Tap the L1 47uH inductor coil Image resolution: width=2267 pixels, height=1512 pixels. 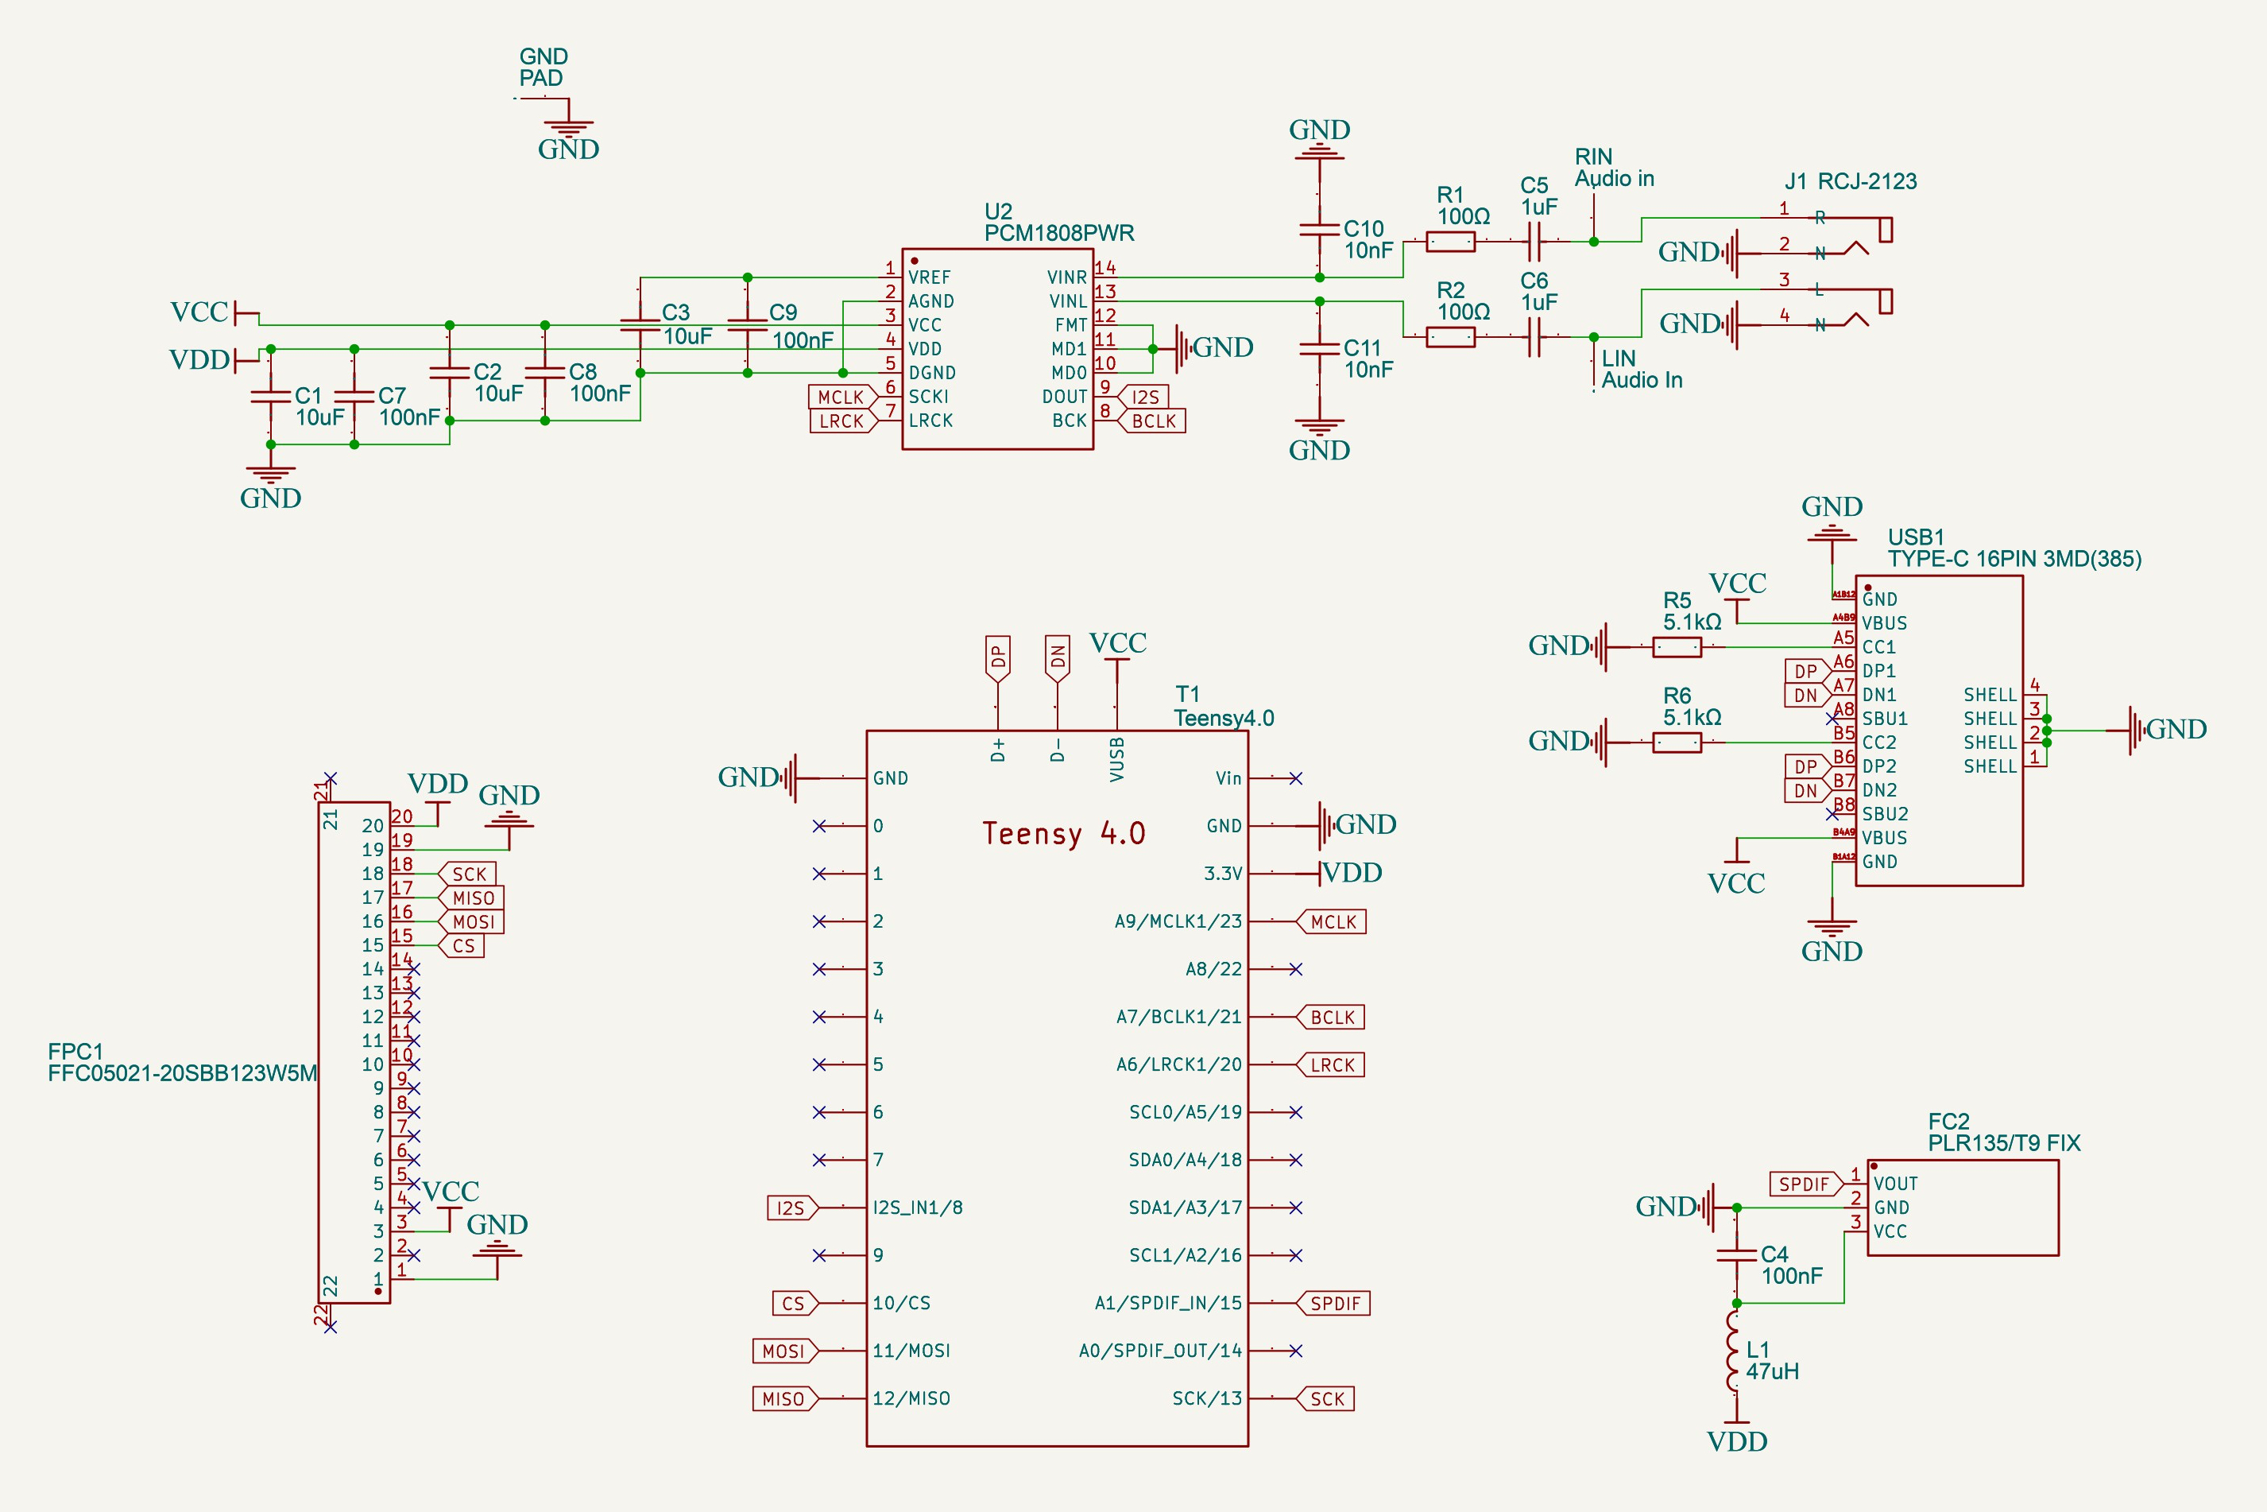(x=1735, y=1350)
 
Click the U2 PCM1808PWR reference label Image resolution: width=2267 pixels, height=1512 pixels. (x=1058, y=223)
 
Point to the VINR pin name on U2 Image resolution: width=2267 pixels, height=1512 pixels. (x=1067, y=277)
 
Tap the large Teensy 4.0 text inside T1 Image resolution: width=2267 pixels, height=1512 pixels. (x=1063, y=834)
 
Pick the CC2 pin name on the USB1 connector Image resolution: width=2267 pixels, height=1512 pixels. (x=1878, y=742)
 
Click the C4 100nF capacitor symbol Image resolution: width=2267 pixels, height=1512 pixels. (x=1736, y=1254)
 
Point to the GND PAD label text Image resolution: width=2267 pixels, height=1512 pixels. (x=543, y=68)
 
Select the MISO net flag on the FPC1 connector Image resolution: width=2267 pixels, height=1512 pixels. (x=471, y=898)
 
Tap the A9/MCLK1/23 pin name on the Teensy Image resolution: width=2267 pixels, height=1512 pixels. (x=1178, y=921)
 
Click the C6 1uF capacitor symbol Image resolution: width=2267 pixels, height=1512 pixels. (x=1534, y=336)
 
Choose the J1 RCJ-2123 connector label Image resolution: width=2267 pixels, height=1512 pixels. (x=1850, y=181)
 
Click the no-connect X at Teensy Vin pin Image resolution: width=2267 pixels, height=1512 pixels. (x=1295, y=778)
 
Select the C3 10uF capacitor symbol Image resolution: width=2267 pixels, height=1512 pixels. (x=640, y=325)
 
